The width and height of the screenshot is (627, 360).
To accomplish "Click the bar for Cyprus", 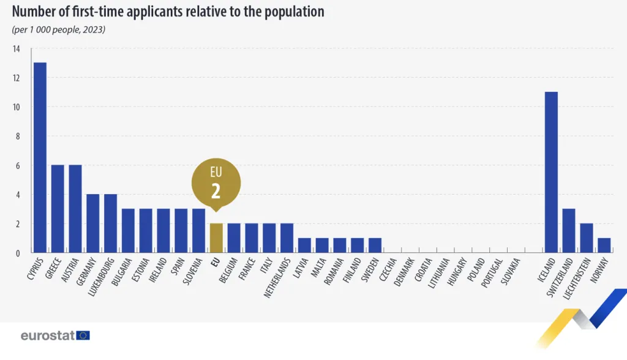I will tap(40, 157).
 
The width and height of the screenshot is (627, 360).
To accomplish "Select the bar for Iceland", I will tap(551, 172).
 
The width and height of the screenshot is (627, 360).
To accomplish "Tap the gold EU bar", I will tap(216, 238).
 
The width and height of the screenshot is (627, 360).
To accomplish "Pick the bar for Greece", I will tap(58, 209).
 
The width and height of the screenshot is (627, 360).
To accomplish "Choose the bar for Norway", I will tap(604, 246).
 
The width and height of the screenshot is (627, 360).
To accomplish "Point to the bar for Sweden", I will tap(375, 246).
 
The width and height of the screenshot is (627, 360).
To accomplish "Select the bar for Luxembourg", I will tap(110, 223).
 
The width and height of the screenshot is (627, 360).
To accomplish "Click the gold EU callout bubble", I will tap(216, 184).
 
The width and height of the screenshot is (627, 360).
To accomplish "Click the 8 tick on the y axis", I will tap(17, 137).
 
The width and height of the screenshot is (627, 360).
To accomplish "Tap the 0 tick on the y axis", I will tap(17, 253).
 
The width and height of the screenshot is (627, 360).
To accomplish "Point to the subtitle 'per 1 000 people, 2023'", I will tap(59, 29).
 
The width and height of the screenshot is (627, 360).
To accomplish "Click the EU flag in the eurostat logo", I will tap(83, 336).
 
